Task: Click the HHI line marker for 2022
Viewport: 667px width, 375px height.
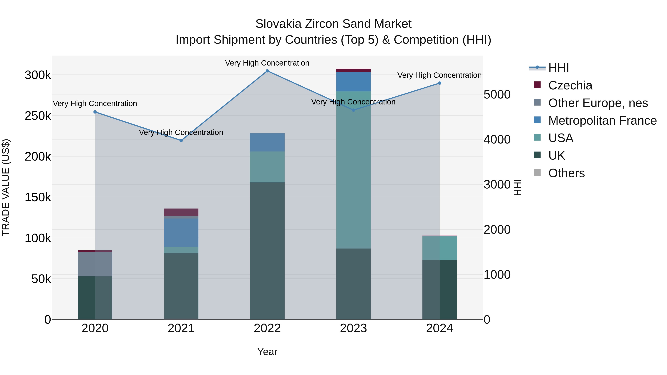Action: tap(267, 71)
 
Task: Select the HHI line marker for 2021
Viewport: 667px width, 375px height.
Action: tap(181, 141)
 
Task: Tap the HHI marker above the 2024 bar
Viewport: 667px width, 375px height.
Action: tap(439, 83)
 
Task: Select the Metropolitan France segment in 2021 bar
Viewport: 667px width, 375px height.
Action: tap(181, 232)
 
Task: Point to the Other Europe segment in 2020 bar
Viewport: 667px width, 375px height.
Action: tap(95, 264)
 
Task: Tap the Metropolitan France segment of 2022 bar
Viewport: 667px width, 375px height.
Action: tap(267, 142)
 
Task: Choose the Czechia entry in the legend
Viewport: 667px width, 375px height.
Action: tap(570, 85)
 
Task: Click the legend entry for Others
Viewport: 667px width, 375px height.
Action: tap(566, 173)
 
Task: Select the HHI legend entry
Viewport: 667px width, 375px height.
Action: tap(558, 68)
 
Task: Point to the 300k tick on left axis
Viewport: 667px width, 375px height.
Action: tap(38, 75)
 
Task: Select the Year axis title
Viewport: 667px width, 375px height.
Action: tap(267, 352)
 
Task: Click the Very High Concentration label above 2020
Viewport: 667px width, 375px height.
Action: tap(95, 104)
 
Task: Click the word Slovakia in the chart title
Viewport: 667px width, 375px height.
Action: tap(278, 24)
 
